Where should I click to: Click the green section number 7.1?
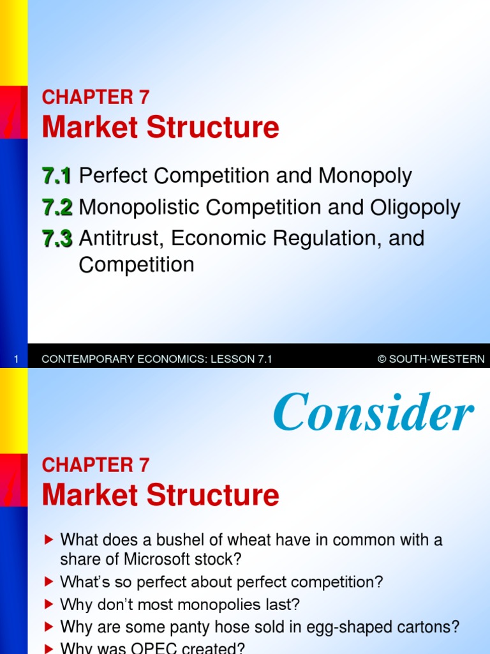[57, 176]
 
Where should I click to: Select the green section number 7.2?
[57, 208]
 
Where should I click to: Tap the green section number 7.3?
[57, 239]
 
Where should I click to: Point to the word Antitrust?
[119, 239]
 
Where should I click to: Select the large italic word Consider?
[373, 413]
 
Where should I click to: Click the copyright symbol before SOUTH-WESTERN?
[382, 360]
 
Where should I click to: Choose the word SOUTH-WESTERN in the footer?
[437, 360]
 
